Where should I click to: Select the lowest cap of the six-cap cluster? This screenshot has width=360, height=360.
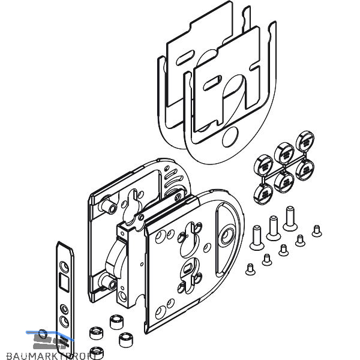[265, 193]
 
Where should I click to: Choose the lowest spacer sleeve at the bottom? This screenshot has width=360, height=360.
[95, 352]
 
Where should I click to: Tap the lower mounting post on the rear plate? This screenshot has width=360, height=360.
[109, 280]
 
